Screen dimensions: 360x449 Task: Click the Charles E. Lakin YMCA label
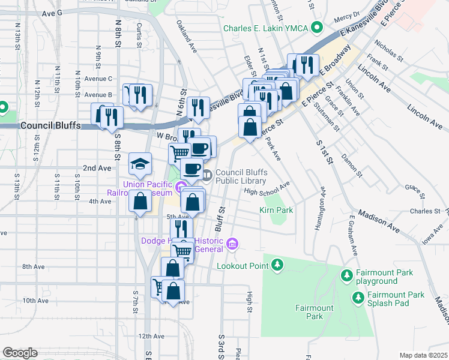coord(268,28)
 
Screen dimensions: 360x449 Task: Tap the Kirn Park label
coord(276,211)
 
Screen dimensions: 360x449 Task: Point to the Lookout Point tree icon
coord(277,265)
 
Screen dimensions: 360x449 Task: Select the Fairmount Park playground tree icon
coord(346,276)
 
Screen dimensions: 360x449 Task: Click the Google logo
coord(20,352)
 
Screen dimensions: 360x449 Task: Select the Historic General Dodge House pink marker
coord(233,244)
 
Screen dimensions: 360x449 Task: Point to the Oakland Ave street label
coord(187,36)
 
